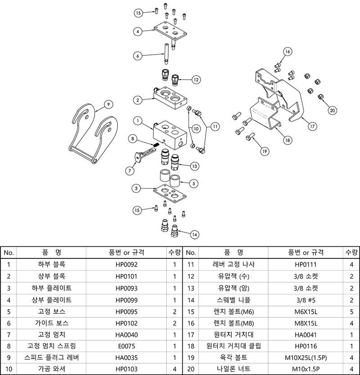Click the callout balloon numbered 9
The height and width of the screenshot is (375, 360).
[x=108, y=104]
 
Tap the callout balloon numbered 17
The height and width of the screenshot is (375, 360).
[x=312, y=126]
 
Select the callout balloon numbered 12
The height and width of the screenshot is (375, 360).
[x=196, y=80]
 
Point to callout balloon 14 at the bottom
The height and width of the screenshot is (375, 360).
[x=194, y=235]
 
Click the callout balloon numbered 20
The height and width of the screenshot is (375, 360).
[x=332, y=110]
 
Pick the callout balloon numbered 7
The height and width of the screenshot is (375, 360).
[x=130, y=171]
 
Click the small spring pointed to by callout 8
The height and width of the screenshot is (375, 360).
[x=156, y=145]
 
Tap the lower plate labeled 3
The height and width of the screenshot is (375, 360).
[x=170, y=194]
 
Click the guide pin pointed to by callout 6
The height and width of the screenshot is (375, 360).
[x=166, y=54]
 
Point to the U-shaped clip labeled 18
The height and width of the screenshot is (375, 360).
[x=265, y=113]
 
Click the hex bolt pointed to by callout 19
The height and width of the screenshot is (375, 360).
[x=250, y=137]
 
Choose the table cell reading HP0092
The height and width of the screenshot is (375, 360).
[x=126, y=265]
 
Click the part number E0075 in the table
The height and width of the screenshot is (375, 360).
[x=126, y=346]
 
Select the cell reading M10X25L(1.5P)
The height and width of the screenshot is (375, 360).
[x=306, y=357]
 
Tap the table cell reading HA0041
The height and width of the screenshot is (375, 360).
[x=306, y=334]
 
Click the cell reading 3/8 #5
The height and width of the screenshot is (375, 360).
[x=306, y=300]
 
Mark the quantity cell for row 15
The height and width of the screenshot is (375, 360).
[x=351, y=312]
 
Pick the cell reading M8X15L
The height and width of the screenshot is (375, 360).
[x=306, y=323]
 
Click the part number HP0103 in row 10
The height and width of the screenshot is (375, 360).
[x=126, y=369]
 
